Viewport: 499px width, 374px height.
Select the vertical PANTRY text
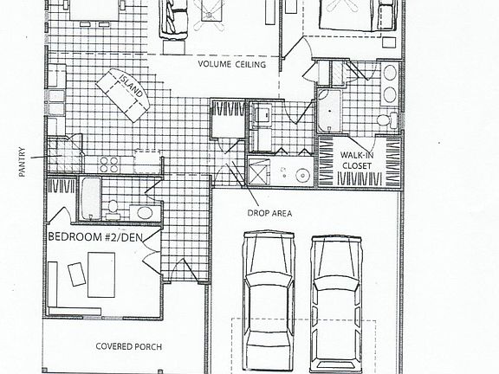point(23,161)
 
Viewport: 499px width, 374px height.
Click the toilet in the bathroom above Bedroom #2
point(113,206)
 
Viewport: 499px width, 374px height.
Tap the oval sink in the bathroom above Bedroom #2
point(143,212)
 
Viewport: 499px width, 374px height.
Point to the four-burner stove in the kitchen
point(109,163)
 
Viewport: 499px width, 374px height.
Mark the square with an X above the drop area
point(258,171)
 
